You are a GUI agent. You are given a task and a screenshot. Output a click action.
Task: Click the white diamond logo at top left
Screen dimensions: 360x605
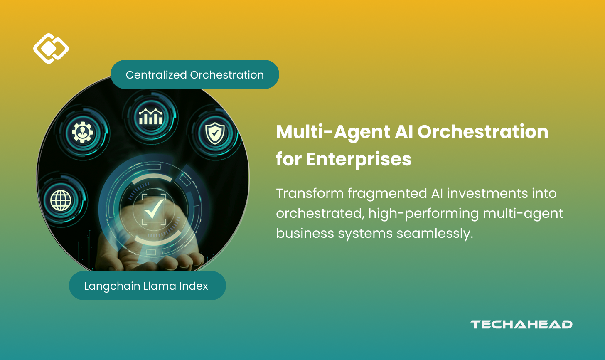pyautogui.click(x=51, y=49)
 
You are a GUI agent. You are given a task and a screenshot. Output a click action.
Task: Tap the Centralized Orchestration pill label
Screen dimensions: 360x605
pyautogui.click(x=194, y=75)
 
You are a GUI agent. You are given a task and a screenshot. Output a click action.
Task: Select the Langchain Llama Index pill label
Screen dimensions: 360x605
pyautogui.click(x=147, y=286)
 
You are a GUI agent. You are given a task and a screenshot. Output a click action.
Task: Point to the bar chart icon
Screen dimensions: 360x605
pyautogui.click(x=150, y=117)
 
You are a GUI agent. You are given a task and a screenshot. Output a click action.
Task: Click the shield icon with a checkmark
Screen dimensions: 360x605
pyautogui.click(x=215, y=133)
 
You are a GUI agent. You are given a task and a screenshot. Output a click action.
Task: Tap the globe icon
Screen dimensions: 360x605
pyautogui.click(x=61, y=201)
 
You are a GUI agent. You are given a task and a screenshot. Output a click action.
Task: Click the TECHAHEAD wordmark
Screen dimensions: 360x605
pyautogui.click(x=521, y=325)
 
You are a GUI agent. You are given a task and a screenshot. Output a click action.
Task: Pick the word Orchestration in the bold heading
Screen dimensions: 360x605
pyautogui.click(x=483, y=132)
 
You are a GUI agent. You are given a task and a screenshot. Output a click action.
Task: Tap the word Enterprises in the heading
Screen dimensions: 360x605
pyautogui.click(x=359, y=159)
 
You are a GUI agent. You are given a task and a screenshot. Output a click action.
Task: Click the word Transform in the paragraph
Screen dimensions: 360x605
pyautogui.click(x=310, y=194)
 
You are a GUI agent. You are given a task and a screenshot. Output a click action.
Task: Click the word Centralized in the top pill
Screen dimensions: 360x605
pyautogui.click(x=156, y=75)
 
